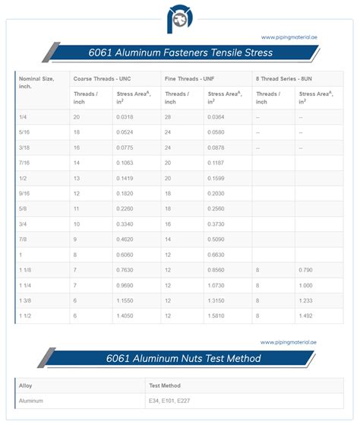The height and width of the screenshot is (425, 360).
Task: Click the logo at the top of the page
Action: (x=179, y=17)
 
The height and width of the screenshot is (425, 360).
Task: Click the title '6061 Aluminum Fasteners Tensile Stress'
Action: (x=179, y=53)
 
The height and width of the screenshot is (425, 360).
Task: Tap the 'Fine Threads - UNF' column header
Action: (x=189, y=78)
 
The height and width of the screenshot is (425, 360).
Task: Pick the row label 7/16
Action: (x=25, y=163)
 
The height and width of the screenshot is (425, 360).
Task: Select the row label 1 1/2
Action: (x=27, y=315)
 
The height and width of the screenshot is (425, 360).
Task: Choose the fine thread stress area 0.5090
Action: (x=216, y=239)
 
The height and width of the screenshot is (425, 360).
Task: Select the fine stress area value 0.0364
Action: (x=216, y=117)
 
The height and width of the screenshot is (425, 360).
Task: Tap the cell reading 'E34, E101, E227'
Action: (x=174, y=400)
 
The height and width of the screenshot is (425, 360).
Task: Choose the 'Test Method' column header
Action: (x=166, y=385)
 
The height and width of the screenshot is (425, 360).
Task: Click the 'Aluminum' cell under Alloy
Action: (x=32, y=400)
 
